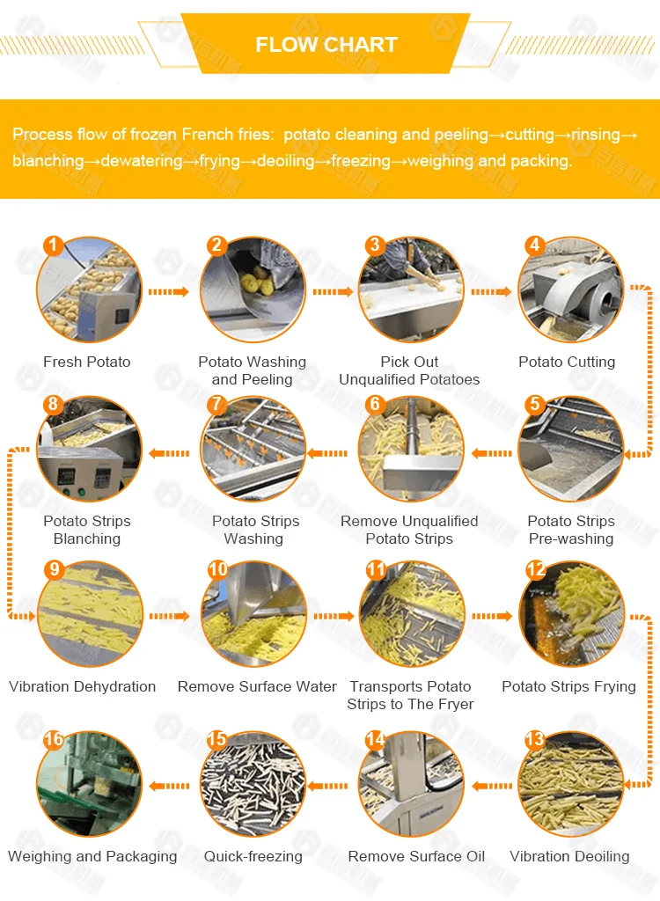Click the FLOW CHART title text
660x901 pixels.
[x=326, y=45]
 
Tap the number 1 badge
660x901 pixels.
[x=53, y=245]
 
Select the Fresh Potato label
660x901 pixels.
[x=87, y=362]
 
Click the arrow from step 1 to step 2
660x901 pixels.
[x=168, y=292]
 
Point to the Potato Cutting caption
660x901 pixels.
[x=567, y=362]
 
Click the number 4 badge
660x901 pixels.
[x=535, y=245]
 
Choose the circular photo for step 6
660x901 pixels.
[x=410, y=449]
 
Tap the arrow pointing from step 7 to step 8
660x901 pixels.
[x=168, y=453]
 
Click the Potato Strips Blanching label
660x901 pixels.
[x=87, y=530]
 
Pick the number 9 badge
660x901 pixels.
[x=54, y=569]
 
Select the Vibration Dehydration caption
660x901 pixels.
[x=82, y=686]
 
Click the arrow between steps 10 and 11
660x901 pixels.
[x=334, y=617]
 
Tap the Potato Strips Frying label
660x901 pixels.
[x=568, y=686]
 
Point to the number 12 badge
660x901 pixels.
[x=536, y=569]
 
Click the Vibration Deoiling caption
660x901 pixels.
[x=569, y=857]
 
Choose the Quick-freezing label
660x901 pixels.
[x=253, y=857]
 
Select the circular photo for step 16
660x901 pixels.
[x=89, y=784]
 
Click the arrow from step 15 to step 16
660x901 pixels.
[x=168, y=786]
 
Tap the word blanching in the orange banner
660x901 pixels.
[x=48, y=161]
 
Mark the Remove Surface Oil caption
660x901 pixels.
[x=416, y=857]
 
